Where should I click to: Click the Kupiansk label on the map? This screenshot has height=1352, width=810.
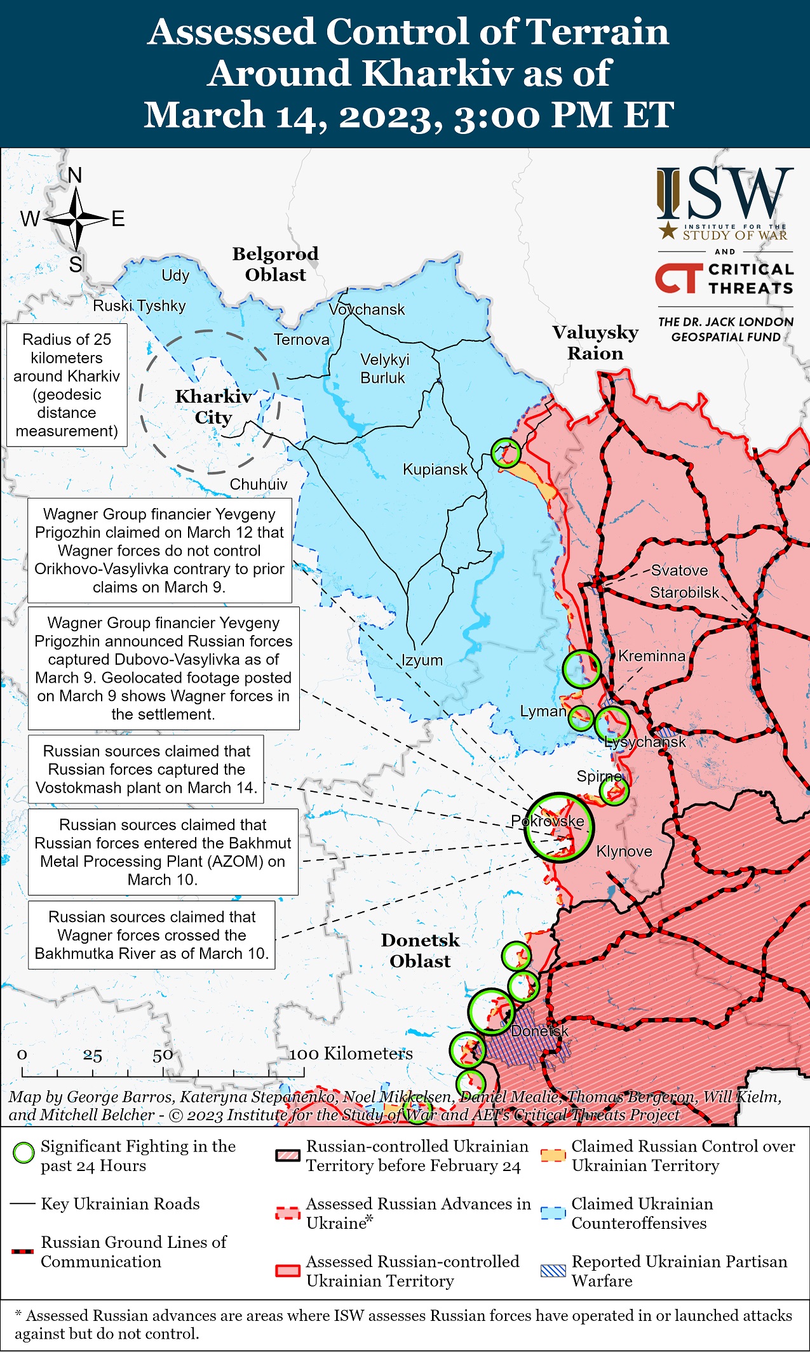click(x=435, y=469)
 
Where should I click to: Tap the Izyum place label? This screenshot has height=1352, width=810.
click(x=422, y=660)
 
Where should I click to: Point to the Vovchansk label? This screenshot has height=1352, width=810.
click(x=367, y=309)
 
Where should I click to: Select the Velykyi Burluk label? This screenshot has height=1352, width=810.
click(x=384, y=368)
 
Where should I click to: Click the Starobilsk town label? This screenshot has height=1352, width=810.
click(x=684, y=592)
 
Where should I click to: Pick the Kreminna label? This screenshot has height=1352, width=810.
click(x=651, y=656)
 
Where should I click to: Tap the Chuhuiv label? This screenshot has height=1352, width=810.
click(x=258, y=484)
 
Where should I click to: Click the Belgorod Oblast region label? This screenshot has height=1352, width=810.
click(x=275, y=264)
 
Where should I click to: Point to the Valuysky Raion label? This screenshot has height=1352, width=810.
click(x=595, y=342)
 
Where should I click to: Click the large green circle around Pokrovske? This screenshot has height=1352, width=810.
click(x=558, y=827)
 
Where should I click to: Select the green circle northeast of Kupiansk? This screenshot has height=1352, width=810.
click(x=506, y=453)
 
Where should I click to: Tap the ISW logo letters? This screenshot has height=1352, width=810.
click(x=724, y=193)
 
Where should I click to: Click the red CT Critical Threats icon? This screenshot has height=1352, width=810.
click(x=678, y=278)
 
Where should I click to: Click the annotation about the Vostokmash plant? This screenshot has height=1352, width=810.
click(x=146, y=769)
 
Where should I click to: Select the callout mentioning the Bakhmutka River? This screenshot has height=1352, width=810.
click(x=152, y=935)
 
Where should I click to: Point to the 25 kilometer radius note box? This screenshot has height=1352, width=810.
click(x=67, y=385)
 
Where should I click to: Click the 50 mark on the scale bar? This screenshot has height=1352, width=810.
click(x=163, y=1055)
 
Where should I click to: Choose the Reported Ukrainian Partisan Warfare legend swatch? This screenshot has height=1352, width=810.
click(x=553, y=1271)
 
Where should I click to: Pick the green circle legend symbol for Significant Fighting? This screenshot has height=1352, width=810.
click(x=24, y=1153)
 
